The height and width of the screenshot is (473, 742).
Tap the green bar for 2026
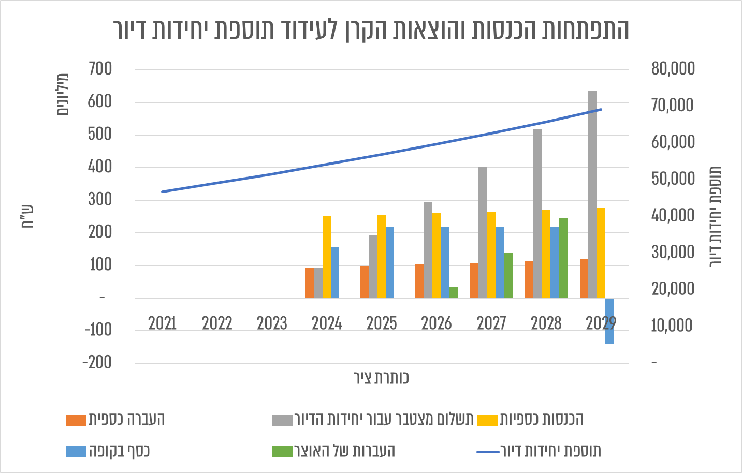454,292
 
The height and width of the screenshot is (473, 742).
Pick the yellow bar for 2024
327,257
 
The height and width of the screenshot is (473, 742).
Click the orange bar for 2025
365,282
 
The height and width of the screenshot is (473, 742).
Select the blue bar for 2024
335,272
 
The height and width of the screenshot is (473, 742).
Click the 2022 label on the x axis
217,323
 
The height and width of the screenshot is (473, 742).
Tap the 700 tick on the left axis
100,69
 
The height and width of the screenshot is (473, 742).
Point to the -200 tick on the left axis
97,363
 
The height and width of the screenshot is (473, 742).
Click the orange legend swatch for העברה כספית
76,420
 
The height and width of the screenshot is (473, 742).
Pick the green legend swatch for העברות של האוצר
282,452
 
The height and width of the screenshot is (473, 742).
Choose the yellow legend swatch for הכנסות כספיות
487,420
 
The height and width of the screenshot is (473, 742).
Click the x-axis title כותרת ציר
382,378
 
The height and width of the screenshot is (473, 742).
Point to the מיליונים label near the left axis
63,94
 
